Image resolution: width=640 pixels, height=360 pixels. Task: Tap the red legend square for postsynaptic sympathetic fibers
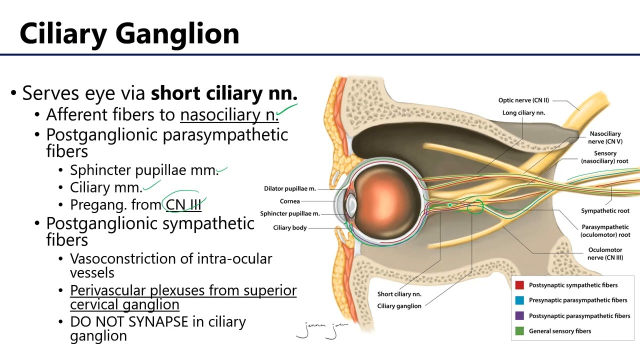(x=519, y=285)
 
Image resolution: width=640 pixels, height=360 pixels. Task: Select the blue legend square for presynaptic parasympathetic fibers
(x=519, y=300)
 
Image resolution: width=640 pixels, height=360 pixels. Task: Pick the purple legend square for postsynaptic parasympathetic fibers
(x=519, y=316)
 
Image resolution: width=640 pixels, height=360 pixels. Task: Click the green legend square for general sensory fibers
(x=519, y=331)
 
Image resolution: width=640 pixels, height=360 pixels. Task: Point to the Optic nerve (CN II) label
(x=523, y=100)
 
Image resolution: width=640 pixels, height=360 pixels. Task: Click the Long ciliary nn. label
(x=523, y=113)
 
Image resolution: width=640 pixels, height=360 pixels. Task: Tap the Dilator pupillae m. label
(x=290, y=188)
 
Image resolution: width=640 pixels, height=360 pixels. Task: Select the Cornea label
(x=290, y=201)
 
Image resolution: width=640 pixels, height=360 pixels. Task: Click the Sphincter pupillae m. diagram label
(x=290, y=214)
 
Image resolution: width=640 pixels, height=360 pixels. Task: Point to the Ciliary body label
(x=290, y=228)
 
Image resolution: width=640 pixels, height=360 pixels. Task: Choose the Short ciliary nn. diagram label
(x=399, y=294)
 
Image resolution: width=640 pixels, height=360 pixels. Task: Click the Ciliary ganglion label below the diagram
(x=399, y=306)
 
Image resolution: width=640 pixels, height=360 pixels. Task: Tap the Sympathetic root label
(x=605, y=211)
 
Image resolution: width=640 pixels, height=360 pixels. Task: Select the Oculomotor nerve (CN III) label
(x=605, y=253)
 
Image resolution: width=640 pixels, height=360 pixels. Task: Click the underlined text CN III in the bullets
(x=183, y=205)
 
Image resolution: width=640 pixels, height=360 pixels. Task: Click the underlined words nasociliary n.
(x=229, y=115)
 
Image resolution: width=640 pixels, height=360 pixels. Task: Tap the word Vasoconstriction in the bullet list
(x=122, y=258)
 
